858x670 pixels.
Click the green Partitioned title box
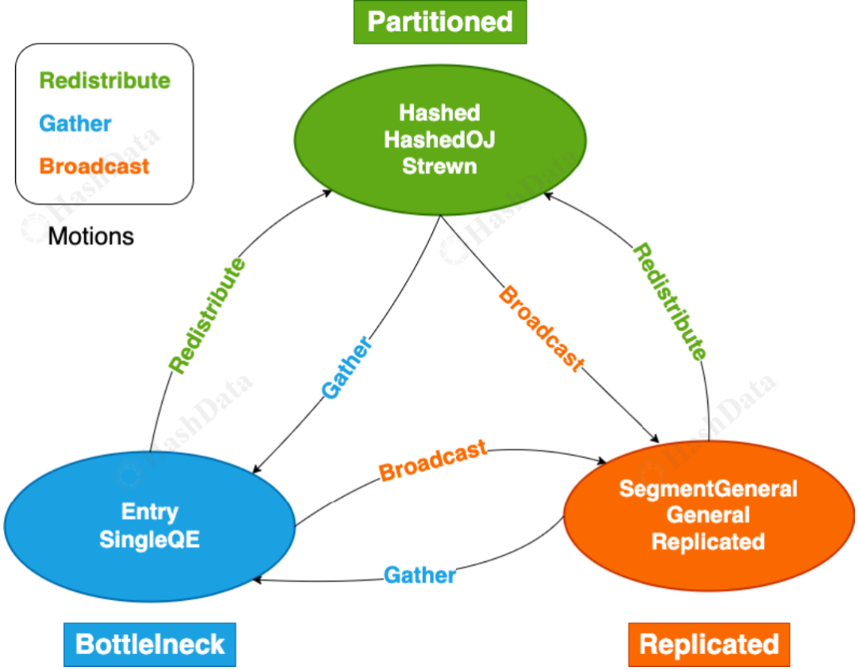click(x=440, y=22)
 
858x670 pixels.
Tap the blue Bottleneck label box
click(x=149, y=645)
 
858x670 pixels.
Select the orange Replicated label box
click(x=709, y=645)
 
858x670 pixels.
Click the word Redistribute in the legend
click(x=105, y=80)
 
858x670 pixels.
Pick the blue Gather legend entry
click(x=75, y=124)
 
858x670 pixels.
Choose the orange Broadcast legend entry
click(x=94, y=166)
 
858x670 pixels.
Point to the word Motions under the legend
click(x=91, y=237)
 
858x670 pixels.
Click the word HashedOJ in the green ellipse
click(x=439, y=140)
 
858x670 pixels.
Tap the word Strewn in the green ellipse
click(x=439, y=166)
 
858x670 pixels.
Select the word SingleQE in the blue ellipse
click(x=149, y=539)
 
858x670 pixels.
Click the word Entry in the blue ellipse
click(x=149, y=512)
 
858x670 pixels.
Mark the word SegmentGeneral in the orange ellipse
click(x=708, y=488)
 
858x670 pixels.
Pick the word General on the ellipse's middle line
click(x=708, y=514)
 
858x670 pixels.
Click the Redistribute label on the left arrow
click(x=207, y=316)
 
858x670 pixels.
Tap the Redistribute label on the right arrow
click(x=670, y=302)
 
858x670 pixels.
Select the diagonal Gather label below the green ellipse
click(x=346, y=368)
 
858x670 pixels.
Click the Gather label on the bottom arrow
click(x=419, y=575)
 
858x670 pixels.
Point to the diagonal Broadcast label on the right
click(x=542, y=329)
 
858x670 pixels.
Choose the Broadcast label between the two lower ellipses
click(x=433, y=460)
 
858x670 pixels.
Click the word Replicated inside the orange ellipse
click(x=708, y=541)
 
